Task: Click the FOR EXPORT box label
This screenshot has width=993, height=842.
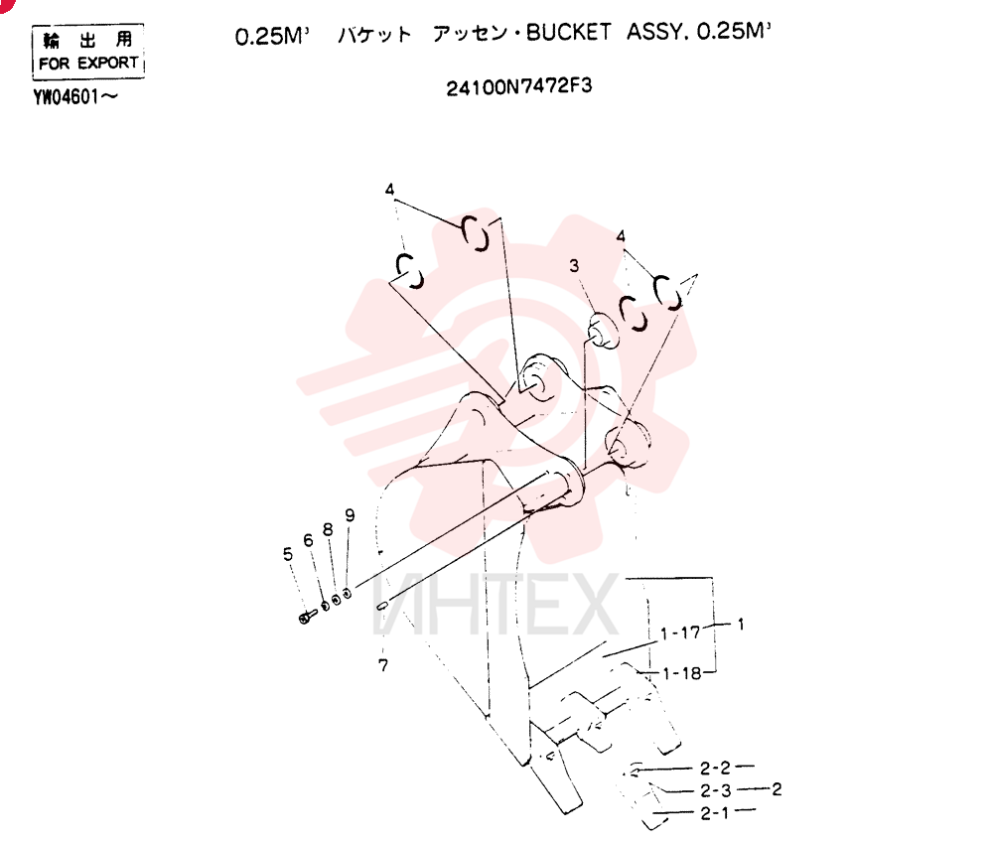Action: [88, 63]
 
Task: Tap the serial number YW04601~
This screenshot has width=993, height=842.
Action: [75, 97]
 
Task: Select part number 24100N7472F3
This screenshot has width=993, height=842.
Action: [518, 86]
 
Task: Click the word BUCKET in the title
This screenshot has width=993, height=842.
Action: [568, 33]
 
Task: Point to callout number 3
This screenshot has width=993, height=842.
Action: [574, 265]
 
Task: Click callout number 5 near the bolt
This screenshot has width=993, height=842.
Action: [288, 555]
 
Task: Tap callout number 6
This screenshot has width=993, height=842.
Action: [308, 540]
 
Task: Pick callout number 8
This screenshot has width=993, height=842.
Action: [328, 529]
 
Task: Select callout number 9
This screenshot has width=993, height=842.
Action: [350, 515]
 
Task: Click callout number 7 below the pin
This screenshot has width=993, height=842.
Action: [383, 664]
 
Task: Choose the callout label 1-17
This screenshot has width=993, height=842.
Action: [680, 632]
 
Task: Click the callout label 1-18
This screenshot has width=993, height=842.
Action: [683, 673]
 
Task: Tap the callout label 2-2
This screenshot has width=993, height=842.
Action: [715, 768]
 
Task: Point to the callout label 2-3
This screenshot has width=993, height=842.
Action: [716, 790]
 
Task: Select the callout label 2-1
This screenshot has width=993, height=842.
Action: [714, 813]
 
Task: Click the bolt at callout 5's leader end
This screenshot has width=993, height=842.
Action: [307, 616]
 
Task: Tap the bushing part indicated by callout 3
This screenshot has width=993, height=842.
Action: [603, 331]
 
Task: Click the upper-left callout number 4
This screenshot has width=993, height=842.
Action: [389, 190]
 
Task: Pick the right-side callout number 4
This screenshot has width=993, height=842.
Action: [621, 236]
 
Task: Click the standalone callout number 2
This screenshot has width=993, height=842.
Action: [777, 788]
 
